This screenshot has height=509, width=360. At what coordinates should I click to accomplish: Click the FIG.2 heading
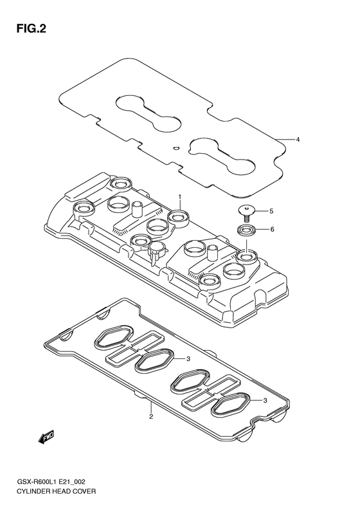[31, 29]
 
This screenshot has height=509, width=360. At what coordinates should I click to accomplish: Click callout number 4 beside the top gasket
[298, 140]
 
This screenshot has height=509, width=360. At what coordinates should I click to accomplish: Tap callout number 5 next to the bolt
[271, 211]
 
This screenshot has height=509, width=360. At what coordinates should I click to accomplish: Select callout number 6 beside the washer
[272, 230]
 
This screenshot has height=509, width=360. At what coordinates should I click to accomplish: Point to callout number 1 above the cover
[179, 197]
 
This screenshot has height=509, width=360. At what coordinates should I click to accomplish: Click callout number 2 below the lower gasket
[151, 416]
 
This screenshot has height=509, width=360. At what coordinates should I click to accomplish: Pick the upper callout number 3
[188, 358]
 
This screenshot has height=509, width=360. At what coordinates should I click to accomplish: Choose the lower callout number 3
[265, 401]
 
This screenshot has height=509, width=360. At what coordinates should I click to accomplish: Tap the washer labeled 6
[246, 230]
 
